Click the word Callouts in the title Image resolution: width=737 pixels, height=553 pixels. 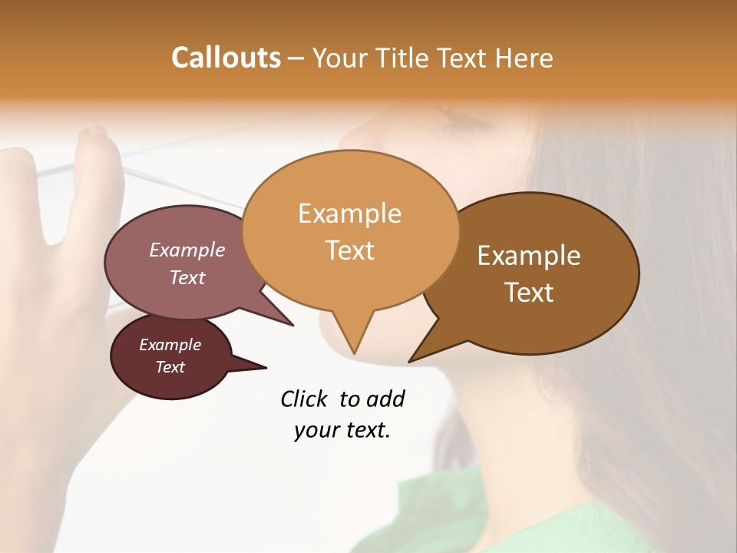(226, 58)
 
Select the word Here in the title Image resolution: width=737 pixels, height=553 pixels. (525, 58)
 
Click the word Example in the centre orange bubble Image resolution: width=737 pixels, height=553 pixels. (349, 214)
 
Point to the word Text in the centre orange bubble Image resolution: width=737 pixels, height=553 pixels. (350, 250)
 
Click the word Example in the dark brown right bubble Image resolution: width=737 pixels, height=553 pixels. (529, 256)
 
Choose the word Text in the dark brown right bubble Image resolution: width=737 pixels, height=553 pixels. (530, 292)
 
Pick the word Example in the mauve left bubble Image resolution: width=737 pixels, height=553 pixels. (187, 250)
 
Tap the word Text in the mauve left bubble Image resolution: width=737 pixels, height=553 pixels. (187, 277)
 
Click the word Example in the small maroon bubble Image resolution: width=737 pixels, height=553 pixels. (170, 345)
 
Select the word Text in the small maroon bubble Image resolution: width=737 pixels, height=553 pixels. (170, 367)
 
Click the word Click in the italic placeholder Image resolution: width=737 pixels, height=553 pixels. (306, 399)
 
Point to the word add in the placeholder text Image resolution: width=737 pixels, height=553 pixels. (385, 399)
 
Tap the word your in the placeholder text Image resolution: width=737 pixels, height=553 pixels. (316, 430)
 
